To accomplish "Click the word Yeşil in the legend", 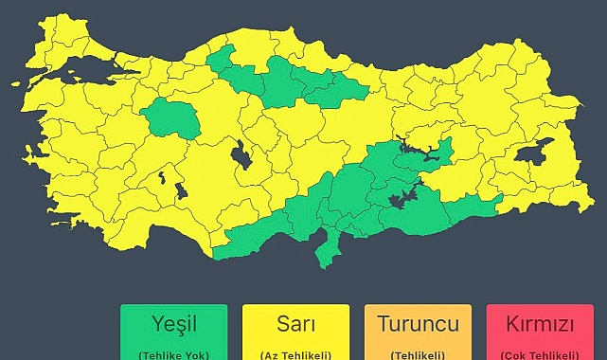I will (x=173, y=324).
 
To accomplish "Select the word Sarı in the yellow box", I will (x=295, y=324).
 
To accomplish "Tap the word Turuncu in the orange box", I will (x=418, y=324).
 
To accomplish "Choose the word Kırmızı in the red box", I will (x=540, y=325).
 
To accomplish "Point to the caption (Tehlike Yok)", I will (x=173, y=354).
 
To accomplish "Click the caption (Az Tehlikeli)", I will (x=295, y=354).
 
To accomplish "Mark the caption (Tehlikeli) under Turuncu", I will (x=418, y=354).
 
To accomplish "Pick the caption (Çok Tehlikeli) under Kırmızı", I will (x=540, y=354).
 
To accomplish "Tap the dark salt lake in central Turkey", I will (x=241, y=154).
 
